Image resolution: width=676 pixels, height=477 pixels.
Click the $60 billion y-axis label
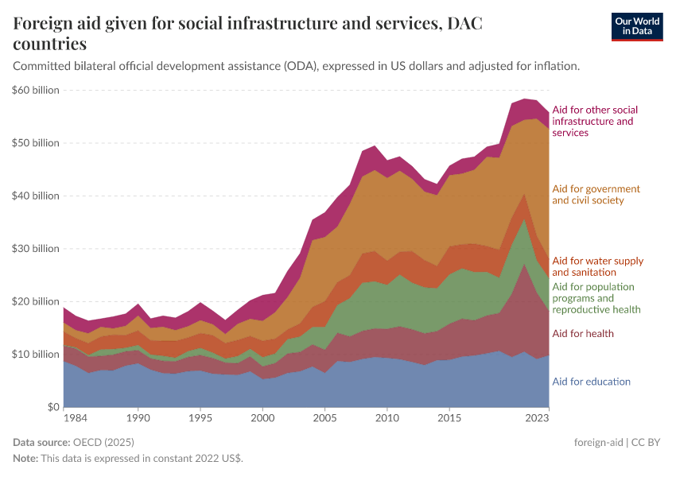36,90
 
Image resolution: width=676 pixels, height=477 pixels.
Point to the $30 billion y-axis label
36,249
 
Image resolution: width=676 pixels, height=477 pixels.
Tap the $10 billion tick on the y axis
36,354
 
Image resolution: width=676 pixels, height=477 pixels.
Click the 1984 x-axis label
76,417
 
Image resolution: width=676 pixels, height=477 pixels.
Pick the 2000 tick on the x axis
262,417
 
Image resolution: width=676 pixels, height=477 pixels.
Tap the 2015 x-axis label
449,417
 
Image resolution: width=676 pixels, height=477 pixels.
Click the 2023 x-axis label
538,417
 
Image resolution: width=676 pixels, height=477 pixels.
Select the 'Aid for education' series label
591,382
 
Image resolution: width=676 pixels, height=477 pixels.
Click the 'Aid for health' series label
582,333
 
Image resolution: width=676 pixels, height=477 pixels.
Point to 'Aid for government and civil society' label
596,195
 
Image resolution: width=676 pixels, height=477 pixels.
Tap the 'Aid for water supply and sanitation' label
597,266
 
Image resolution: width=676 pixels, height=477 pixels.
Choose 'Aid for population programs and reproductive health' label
596,297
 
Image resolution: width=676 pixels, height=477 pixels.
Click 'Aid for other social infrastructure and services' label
595,121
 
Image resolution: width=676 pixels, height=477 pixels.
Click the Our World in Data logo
636,26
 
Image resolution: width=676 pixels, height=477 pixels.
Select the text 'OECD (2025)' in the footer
103,442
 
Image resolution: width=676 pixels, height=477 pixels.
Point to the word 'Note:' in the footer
27,459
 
